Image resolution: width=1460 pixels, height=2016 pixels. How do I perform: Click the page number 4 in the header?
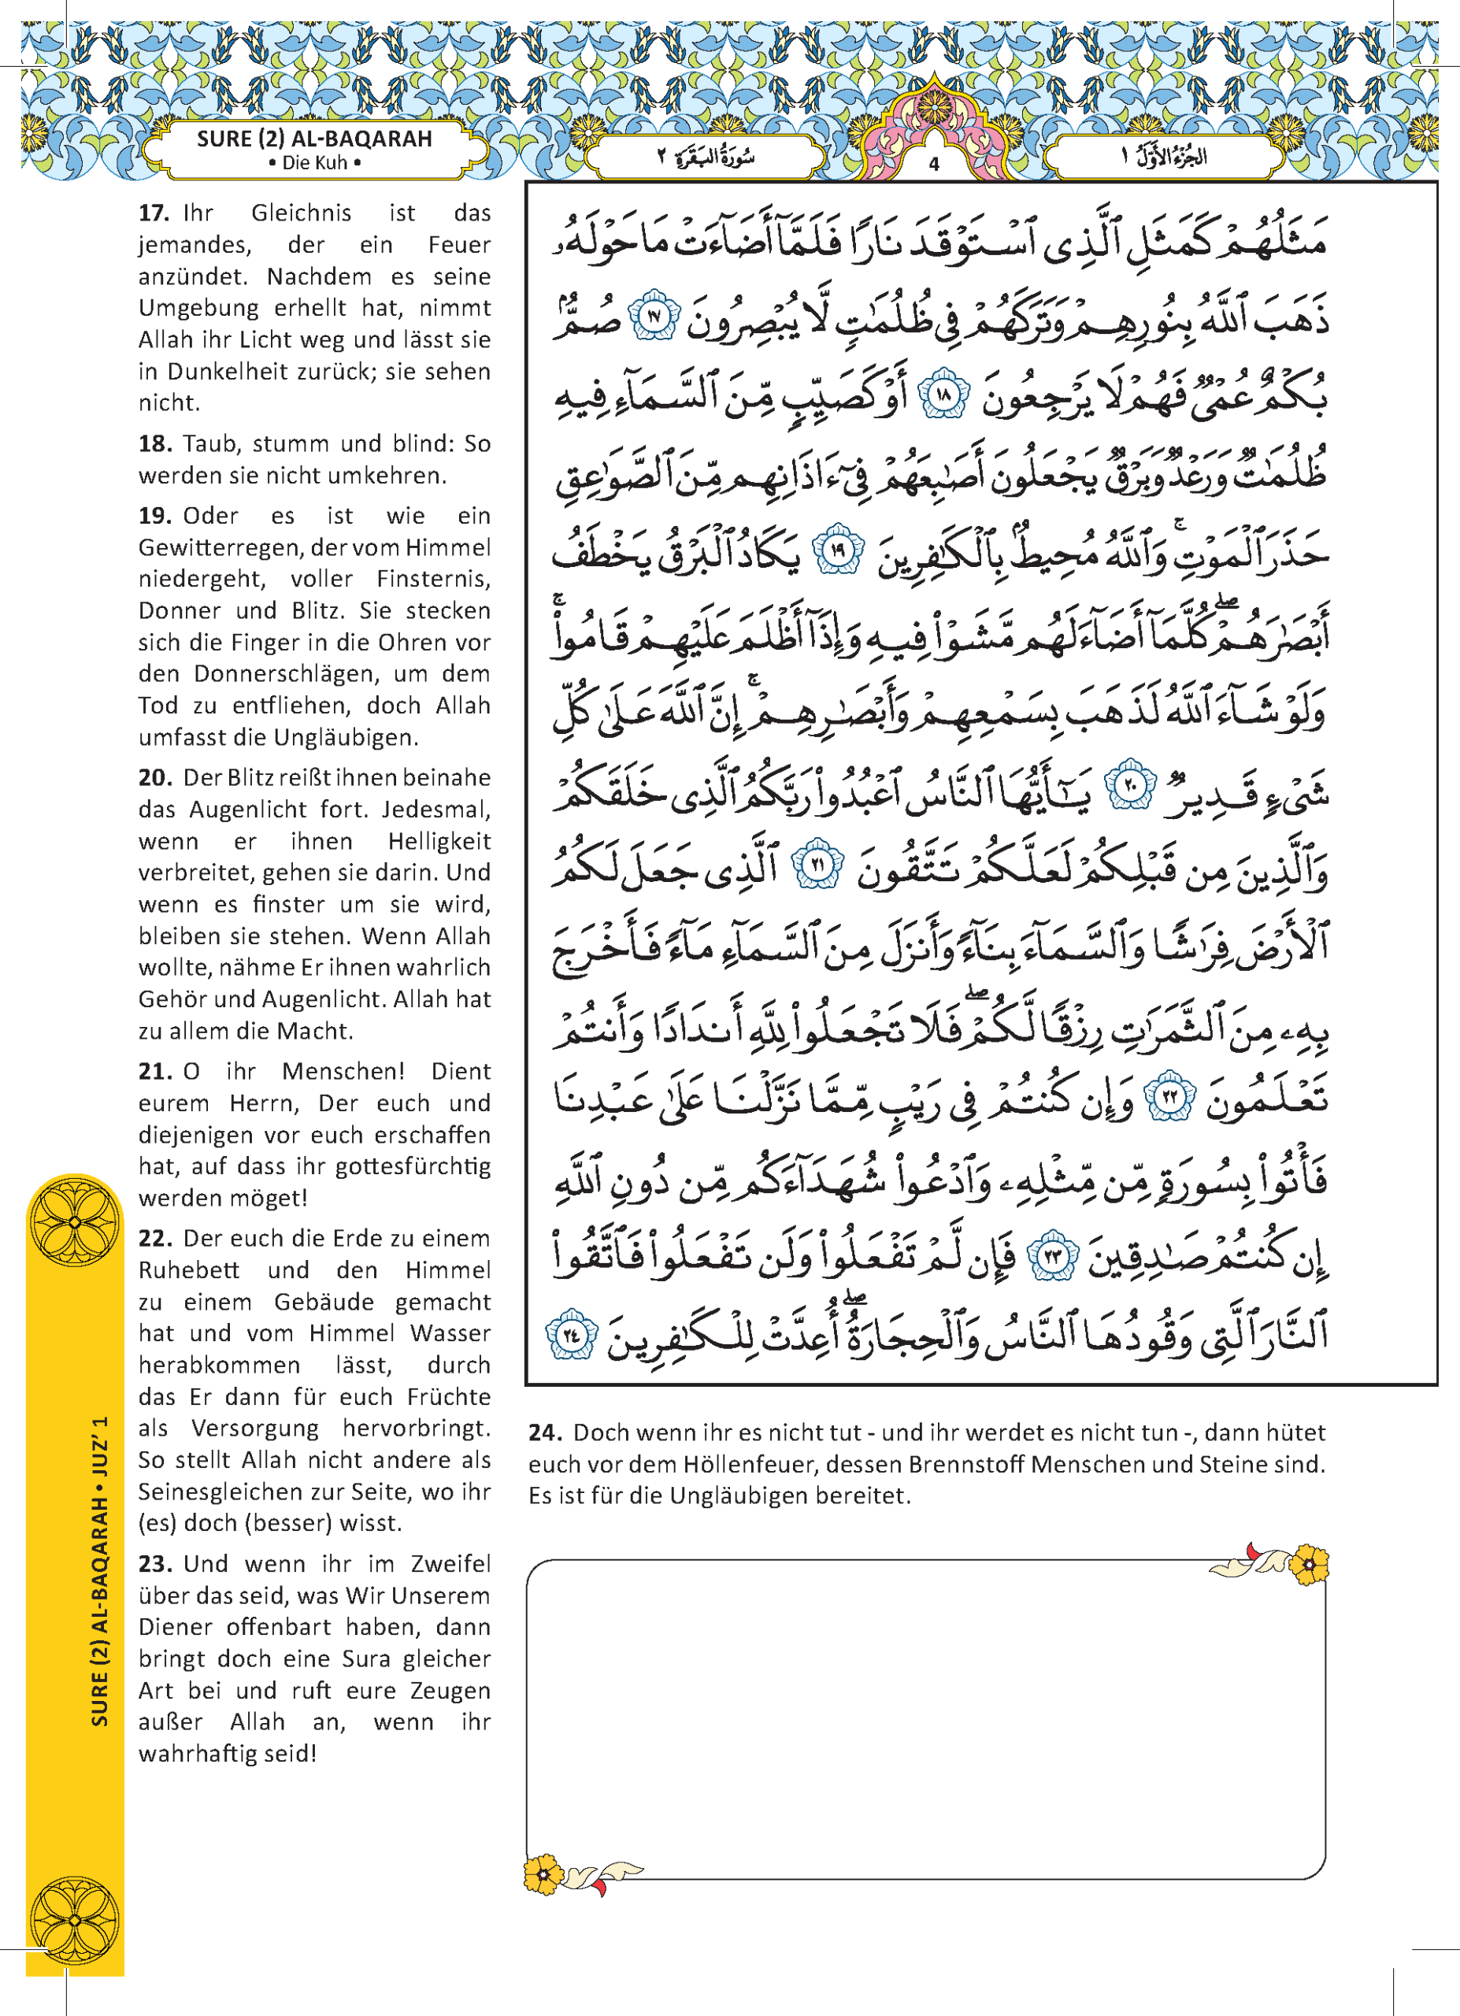934,165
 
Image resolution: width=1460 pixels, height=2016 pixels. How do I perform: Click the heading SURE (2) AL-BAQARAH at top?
313,139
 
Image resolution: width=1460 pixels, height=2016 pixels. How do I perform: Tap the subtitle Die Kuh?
313,164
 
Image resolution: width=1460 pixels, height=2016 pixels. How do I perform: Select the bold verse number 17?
154,213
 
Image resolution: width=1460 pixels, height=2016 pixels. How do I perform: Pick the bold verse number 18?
154,443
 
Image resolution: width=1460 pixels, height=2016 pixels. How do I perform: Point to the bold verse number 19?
154,516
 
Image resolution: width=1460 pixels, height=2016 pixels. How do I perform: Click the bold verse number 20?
154,778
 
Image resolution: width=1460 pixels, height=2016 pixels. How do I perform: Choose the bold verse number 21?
154,1071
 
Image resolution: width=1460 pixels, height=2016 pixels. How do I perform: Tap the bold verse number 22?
154,1238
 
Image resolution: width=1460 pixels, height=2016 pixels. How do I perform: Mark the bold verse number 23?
154,1563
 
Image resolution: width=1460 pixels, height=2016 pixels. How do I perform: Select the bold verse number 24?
545,1433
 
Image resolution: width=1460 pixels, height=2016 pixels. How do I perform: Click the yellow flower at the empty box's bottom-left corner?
542,1876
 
